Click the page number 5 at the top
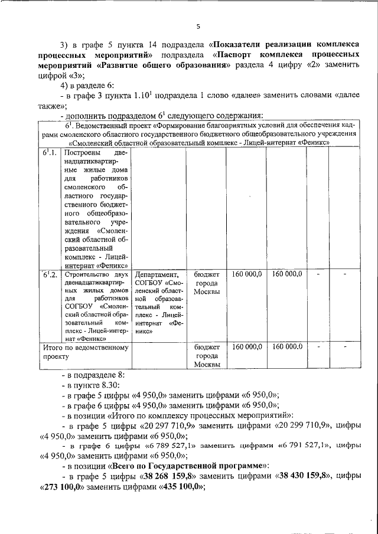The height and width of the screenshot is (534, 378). (198, 26)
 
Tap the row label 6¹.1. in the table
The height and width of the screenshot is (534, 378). (50, 153)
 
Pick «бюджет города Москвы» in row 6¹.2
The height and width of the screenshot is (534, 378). (207, 283)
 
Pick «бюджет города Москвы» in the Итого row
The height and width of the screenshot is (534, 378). (207, 356)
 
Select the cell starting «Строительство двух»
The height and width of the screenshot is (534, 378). (97, 307)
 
